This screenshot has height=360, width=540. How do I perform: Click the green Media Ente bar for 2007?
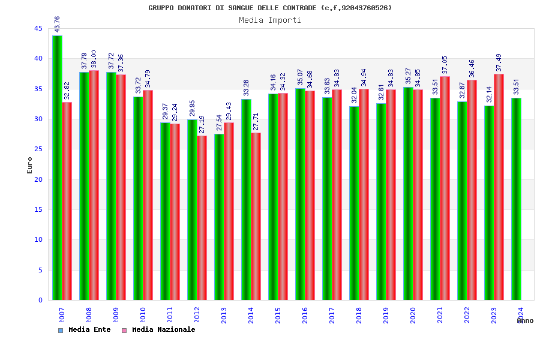(57, 168)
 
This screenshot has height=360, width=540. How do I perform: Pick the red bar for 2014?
(256, 217)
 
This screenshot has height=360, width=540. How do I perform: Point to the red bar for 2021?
(445, 188)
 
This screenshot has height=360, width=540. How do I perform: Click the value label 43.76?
(57, 24)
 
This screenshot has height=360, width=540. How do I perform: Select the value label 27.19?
(202, 124)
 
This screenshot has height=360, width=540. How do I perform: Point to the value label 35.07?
(301, 77)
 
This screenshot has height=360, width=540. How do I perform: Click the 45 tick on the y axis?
(38, 28)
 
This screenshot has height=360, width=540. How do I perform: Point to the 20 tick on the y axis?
(38, 179)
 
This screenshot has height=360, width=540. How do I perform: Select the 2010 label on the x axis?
(143, 316)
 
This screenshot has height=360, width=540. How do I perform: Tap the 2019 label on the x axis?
(386, 316)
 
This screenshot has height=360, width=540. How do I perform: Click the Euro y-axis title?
(29, 165)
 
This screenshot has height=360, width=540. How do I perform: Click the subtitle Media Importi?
(270, 20)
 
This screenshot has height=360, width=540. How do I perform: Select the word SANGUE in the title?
(242, 8)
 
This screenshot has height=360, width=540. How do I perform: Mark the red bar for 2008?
(94, 185)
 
